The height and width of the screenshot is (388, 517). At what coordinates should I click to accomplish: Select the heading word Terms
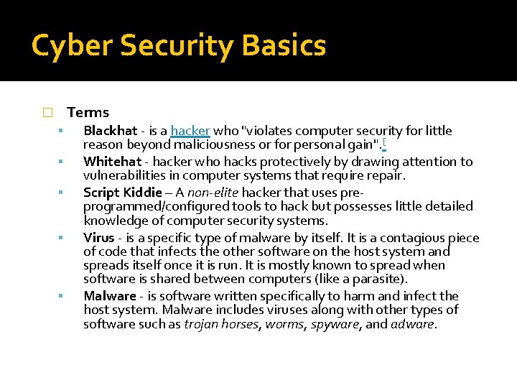tap(88, 112)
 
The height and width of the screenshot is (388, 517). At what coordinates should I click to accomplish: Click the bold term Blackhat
tap(110, 131)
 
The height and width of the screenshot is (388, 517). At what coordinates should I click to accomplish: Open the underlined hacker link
tap(190, 131)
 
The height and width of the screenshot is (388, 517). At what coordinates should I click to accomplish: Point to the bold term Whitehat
tap(112, 162)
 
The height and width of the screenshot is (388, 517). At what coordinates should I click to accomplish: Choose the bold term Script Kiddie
tap(122, 193)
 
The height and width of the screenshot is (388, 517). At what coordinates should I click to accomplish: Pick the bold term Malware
tap(109, 296)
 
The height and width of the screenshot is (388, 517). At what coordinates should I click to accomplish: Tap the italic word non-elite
tap(212, 193)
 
